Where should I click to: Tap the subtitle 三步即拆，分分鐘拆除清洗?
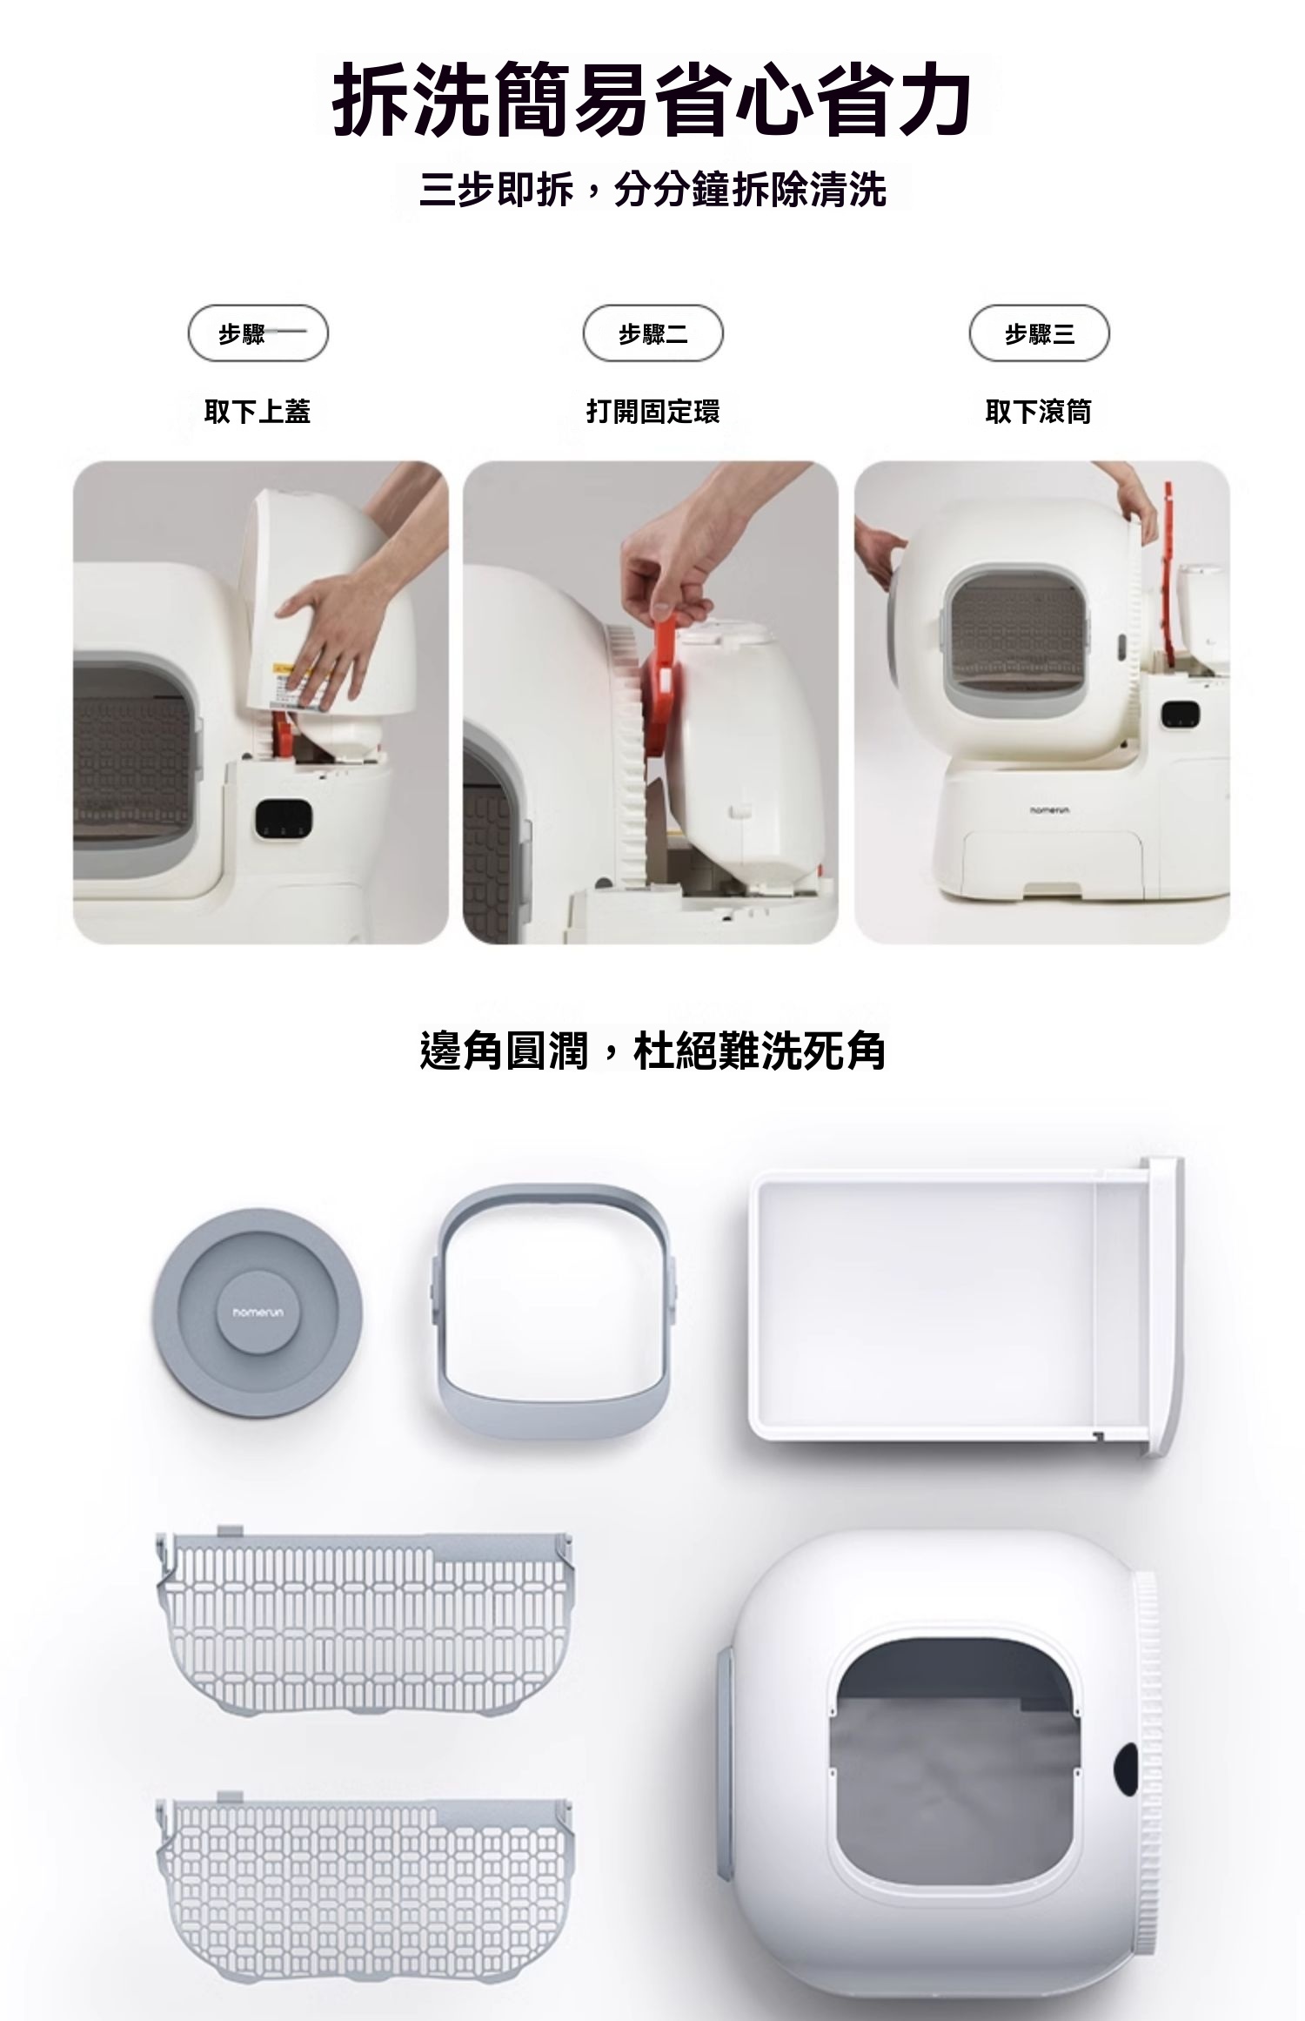click(652, 190)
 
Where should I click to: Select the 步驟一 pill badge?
click(258, 333)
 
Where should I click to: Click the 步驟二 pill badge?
click(652, 333)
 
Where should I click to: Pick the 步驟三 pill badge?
click(1040, 333)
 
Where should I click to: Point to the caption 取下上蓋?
click(258, 411)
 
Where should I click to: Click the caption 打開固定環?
click(652, 411)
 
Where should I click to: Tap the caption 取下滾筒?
click(1038, 411)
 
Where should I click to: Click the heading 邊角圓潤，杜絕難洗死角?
click(652, 1051)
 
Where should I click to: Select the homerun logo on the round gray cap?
click(252, 1312)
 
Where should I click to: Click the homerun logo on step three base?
click(1048, 810)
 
